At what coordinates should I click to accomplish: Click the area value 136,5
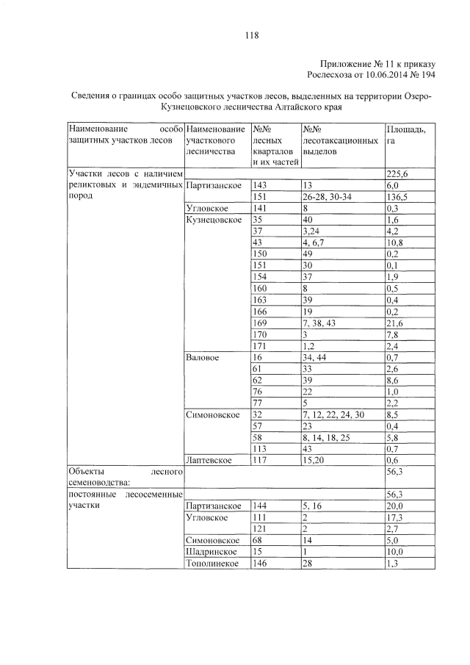(400, 197)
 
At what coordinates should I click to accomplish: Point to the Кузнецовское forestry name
(214, 220)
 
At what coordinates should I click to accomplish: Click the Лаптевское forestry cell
(210, 460)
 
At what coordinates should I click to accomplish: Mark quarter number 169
(261, 323)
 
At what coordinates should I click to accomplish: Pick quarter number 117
(261, 460)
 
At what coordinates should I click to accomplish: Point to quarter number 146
(261, 563)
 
